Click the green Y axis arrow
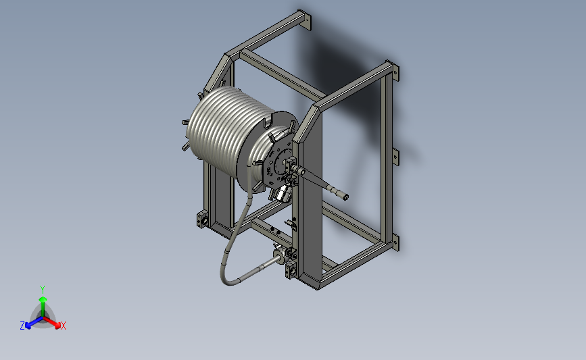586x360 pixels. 43,306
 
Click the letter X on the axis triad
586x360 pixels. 63,326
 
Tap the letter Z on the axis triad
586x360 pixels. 22,326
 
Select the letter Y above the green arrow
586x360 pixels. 43,290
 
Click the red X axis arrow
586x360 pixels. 52,322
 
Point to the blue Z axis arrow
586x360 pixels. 34,323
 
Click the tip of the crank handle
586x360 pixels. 346,197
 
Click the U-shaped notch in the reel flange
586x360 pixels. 269,122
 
